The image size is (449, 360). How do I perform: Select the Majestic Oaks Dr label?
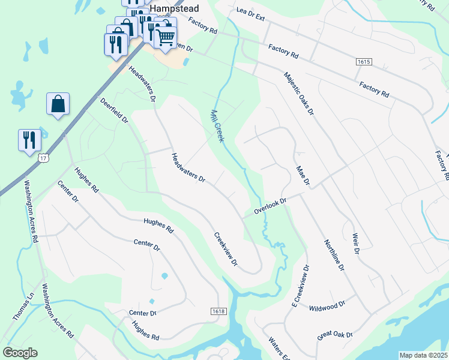click(299, 93)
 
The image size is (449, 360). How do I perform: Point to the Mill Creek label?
click(217, 126)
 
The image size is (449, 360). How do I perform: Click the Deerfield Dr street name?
click(115, 110)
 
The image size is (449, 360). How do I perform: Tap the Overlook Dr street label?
click(271, 207)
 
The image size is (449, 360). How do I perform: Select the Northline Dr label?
click(334, 255)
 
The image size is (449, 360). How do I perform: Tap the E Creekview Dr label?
click(300, 287)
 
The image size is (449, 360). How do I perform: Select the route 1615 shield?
click(367, 62)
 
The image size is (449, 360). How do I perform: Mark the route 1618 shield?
click(218, 311)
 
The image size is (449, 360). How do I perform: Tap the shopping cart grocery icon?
click(166, 38)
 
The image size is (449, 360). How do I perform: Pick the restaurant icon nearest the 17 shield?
click(29, 140)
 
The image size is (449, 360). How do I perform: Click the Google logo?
click(20, 353)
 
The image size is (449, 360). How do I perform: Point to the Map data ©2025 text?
click(423, 355)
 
